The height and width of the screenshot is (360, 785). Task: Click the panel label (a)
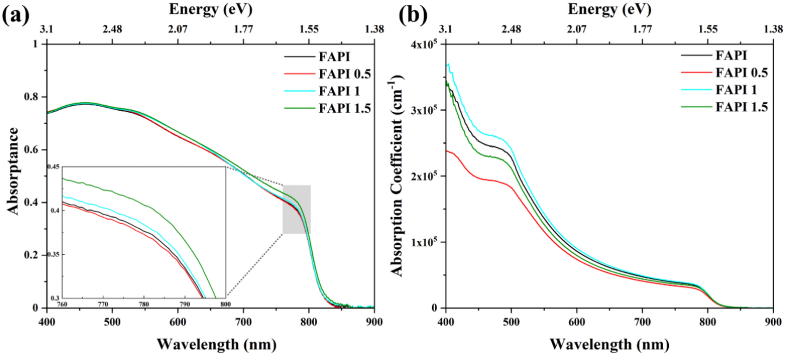[16, 16]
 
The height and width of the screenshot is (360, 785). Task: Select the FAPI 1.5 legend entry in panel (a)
[344, 108]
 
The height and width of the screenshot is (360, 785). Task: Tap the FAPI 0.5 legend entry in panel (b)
[741, 73]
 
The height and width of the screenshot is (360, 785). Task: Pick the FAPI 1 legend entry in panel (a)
[339, 91]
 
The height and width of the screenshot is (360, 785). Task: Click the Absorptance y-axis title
[13, 171]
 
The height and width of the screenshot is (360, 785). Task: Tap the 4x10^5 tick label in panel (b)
[423, 44]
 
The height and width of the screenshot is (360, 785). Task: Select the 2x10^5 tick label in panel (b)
[423, 176]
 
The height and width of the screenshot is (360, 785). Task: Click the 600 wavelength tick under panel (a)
[178, 322]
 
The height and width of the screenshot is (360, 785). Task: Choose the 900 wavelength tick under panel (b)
[773, 322]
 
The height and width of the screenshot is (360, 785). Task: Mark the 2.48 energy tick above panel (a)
[112, 29]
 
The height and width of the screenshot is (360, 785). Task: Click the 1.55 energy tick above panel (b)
[708, 29]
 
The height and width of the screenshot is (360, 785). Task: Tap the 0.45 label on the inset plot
[54, 167]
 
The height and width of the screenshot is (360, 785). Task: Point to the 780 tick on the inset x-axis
[144, 304]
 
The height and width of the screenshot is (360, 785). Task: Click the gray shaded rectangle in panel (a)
[297, 209]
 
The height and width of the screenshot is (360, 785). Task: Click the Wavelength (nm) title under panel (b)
[609, 344]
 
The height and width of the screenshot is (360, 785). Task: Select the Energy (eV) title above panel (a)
[211, 9]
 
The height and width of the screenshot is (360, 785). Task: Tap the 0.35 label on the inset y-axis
[54, 254]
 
